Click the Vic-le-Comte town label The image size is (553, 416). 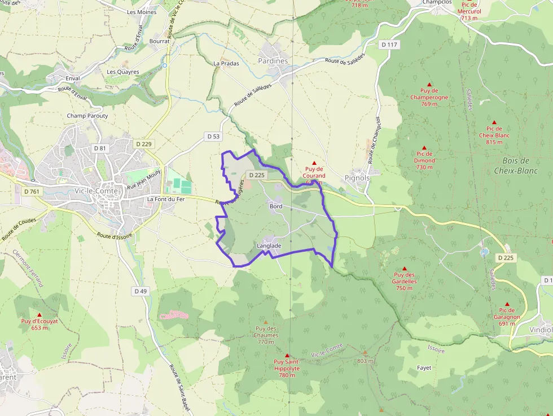tap(96, 191)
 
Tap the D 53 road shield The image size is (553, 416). tap(213, 136)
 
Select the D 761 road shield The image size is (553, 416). tap(32, 191)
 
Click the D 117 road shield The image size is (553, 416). tap(389, 45)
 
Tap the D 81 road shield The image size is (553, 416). tap(99, 148)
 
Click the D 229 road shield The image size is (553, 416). tap(144, 144)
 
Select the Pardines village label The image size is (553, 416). tap(273, 61)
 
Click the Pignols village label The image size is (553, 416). tap(357, 178)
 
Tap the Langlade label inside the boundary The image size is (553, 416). tap(269, 246)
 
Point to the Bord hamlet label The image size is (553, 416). tap(276, 207)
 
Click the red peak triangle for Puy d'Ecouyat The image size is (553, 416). tap(39, 314)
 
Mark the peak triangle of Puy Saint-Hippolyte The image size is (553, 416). tap(287, 355)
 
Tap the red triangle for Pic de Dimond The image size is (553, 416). tap(424, 147)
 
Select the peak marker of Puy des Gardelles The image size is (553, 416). tap(404, 268)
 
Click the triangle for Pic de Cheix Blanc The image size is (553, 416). tap(494, 122)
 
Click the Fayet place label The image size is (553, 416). tap(424, 368)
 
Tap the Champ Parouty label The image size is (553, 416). tap(87, 116)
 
